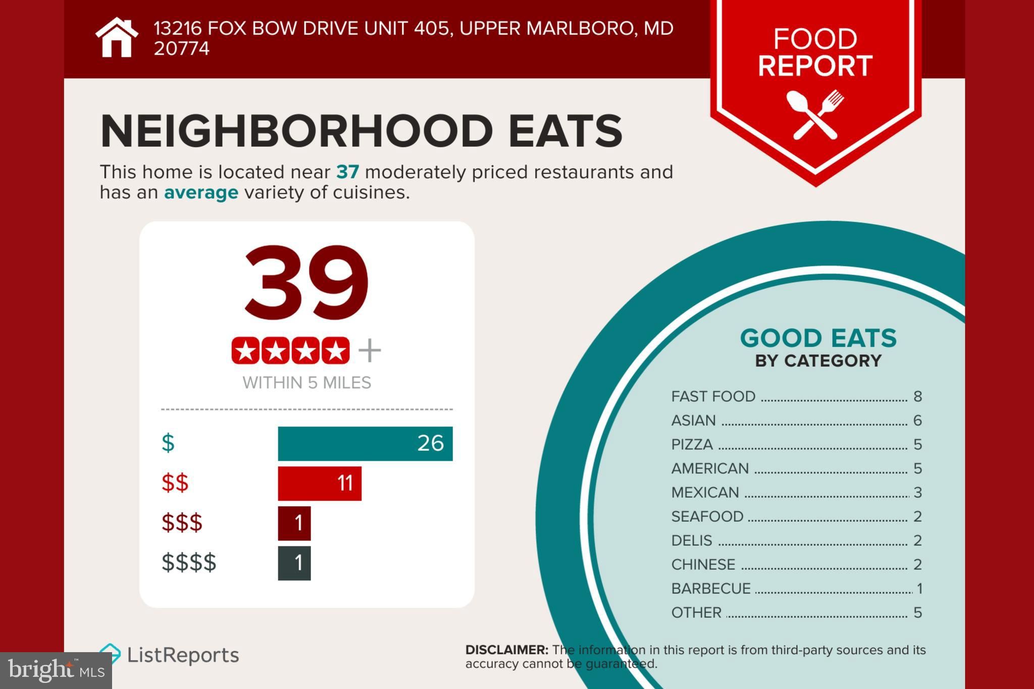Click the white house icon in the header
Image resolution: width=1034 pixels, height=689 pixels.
117,38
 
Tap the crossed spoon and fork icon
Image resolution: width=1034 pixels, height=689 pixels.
815,114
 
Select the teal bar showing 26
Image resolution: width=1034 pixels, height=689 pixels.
365,443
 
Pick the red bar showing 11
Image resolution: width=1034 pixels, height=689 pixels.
319,483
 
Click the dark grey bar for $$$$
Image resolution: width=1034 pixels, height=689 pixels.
294,563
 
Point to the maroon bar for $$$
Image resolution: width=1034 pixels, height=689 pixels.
294,523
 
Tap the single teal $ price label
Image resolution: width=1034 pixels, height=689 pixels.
168,443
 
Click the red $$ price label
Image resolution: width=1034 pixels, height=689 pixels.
175,483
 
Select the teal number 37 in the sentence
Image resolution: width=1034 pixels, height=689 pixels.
347,172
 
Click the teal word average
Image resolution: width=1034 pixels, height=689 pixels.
201,192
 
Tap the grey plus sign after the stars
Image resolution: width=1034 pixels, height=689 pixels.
370,350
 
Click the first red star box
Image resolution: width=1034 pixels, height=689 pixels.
246,350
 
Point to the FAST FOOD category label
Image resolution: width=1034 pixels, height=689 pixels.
713,396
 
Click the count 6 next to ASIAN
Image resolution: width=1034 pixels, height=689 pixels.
917,420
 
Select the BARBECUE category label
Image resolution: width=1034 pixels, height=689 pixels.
710,589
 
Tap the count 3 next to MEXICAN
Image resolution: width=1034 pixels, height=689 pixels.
917,493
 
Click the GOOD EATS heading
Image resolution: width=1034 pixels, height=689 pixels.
818,338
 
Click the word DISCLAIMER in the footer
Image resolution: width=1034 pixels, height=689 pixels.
506,650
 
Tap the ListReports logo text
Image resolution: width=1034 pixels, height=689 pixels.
183,655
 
